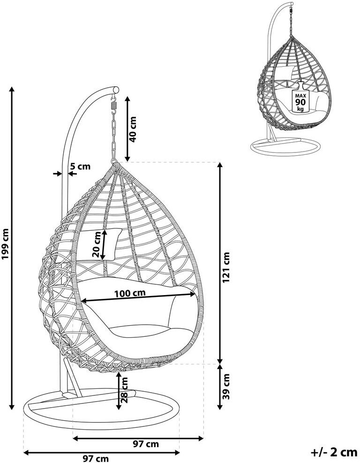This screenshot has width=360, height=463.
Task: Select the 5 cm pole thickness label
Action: tap(80, 166)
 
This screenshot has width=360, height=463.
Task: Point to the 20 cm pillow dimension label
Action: tap(96, 245)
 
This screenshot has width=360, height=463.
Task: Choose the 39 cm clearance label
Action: tap(227, 386)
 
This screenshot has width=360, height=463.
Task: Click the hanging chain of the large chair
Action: tap(113, 136)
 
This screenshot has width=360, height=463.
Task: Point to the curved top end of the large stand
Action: tap(114, 89)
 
